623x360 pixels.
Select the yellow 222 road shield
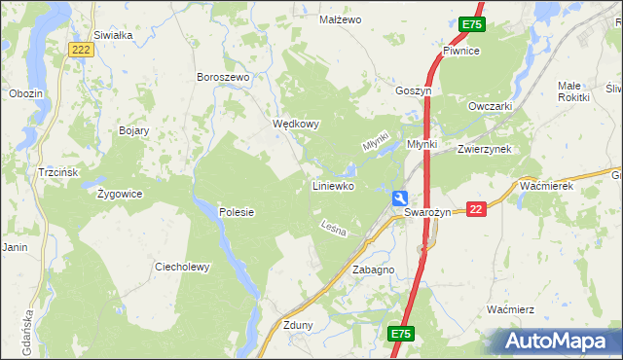[x=82, y=49]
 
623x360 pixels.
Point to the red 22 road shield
[x=475, y=209]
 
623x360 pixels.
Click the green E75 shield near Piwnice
[x=471, y=23]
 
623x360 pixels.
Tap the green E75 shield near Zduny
[x=401, y=334]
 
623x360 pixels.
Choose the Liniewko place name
[x=332, y=185]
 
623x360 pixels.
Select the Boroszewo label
[x=224, y=77]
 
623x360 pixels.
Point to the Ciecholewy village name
[x=182, y=267]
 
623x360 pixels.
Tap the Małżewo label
[x=341, y=19]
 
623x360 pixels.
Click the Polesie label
[x=237, y=212]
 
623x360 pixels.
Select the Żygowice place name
[x=120, y=194]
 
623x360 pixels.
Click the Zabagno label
[x=373, y=270]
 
